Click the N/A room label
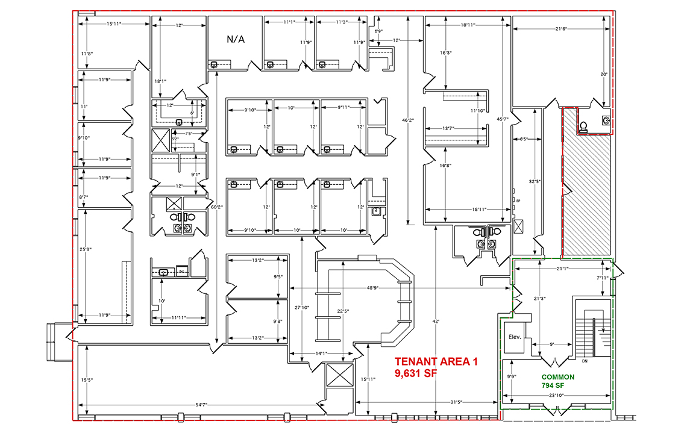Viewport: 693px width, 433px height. pyautogui.click(x=236, y=40)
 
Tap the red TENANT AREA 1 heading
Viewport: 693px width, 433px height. pyautogui.click(x=436, y=362)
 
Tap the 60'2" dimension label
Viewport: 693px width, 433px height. pyautogui.click(x=216, y=208)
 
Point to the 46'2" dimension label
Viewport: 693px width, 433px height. pyautogui.click(x=409, y=120)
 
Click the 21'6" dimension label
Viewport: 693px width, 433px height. pyautogui.click(x=561, y=29)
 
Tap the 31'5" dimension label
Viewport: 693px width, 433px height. pyautogui.click(x=459, y=402)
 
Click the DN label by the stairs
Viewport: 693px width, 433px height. pyautogui.click(x=585, y=362)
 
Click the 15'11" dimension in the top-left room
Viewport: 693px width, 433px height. pyautogui.click(x=114, y=23)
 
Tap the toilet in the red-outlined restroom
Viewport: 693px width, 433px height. pyautogui.click(x=583, y=126)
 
